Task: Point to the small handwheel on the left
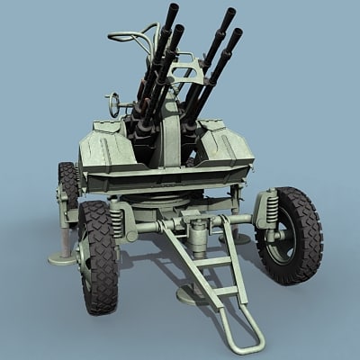pyautogui.click(x=112, y=104)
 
